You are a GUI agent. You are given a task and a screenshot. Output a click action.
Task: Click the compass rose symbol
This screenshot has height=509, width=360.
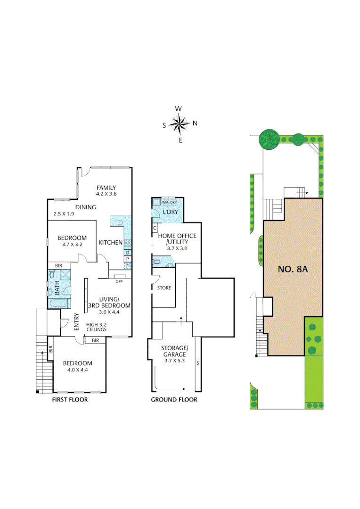tap(179, 124)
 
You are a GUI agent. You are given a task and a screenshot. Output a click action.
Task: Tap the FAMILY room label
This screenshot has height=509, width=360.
tap(106, 188)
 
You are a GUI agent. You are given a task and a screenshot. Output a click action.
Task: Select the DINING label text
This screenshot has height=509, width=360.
tap(85, 207)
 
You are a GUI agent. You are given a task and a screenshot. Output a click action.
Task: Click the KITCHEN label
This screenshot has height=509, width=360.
tap(110, 242)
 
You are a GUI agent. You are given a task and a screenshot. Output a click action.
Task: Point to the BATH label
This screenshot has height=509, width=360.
tap(57, 288)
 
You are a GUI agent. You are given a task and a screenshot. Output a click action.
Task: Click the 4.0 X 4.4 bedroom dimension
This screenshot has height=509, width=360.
tap(78, 370)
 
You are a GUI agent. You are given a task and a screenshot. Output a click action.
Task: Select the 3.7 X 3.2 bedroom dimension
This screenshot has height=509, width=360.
tap(72, 245)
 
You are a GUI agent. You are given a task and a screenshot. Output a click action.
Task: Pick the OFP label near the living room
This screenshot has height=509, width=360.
tap(119, 281)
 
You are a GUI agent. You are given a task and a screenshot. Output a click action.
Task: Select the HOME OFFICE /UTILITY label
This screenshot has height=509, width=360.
tap(177, 238)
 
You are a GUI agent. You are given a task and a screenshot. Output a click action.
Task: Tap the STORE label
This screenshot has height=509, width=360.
tap(164, 287)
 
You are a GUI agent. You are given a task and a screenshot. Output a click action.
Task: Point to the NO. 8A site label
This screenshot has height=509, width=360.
tap(293, 270)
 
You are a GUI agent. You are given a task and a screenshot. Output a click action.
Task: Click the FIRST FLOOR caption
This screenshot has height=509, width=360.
tap(70, 400)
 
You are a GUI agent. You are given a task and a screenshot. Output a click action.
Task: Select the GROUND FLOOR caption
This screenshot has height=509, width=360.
tap(174, 400)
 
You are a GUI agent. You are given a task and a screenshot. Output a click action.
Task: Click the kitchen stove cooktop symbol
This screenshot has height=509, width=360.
tap(127, 243)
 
